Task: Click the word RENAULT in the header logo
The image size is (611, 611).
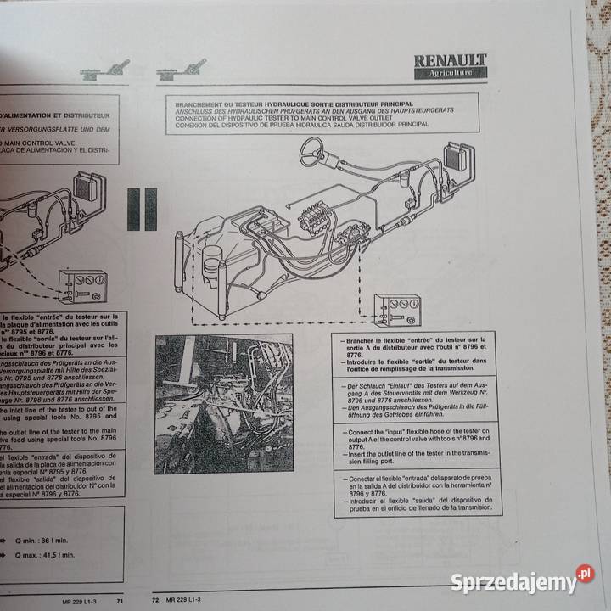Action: pos(451,60)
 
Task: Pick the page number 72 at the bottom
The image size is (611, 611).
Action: pos(155,600)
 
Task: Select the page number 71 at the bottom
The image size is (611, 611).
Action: pos(121,600)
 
